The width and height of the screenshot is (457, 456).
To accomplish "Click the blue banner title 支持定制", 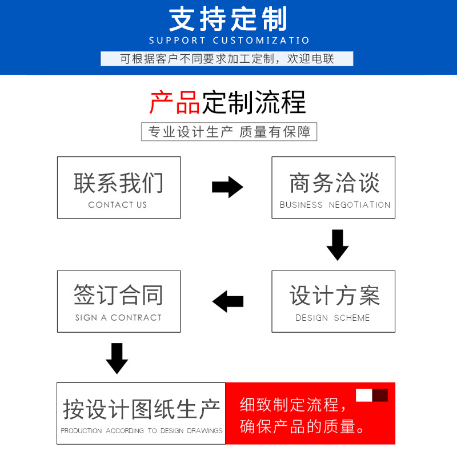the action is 228,19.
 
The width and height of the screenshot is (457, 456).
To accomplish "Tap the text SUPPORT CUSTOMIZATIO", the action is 229,41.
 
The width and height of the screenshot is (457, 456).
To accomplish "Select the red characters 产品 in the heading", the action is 175,102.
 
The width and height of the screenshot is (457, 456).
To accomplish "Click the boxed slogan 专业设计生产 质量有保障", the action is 229,132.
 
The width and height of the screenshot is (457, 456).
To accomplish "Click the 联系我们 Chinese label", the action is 119,183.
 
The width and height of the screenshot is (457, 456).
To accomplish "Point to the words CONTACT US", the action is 118,205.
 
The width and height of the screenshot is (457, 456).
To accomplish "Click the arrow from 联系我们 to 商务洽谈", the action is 227,187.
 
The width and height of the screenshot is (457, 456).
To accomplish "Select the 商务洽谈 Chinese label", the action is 334,183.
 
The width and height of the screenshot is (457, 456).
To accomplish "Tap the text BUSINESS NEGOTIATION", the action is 335,205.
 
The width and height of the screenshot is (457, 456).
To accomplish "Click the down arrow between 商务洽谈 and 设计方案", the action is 338,245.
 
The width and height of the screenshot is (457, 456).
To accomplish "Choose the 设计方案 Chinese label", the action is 334,295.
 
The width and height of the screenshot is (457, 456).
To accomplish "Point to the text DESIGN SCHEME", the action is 332,318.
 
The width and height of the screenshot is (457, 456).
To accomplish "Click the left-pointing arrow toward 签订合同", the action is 228,301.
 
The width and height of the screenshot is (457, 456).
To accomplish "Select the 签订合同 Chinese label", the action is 119,294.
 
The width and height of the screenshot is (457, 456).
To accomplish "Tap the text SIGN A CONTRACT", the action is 118,317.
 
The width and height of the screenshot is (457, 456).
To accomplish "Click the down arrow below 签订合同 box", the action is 117,358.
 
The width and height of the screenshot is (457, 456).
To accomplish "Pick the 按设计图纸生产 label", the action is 141,409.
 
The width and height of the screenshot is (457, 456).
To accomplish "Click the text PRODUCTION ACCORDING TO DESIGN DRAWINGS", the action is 142,431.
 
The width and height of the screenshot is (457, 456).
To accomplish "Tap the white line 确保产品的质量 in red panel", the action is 302,426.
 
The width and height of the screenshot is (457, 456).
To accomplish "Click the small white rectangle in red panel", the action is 364,395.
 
